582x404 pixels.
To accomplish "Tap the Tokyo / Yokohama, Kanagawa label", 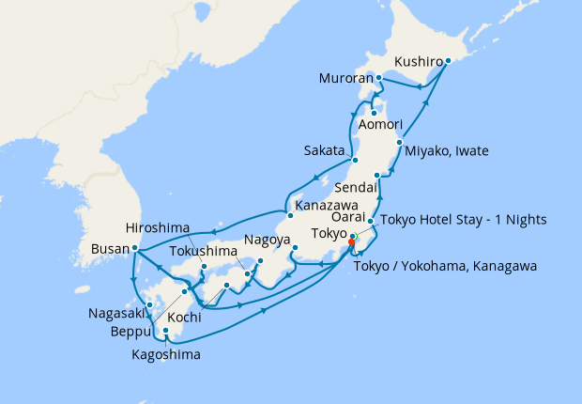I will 446,267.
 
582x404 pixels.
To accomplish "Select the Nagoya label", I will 268,240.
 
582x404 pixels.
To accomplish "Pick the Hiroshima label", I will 157,228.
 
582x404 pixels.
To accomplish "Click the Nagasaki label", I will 116,313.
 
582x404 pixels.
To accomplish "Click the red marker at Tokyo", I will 351,241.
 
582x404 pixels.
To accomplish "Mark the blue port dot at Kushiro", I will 448,61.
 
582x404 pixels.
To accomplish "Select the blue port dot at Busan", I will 136,249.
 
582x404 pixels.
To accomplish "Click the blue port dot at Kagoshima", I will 166,331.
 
